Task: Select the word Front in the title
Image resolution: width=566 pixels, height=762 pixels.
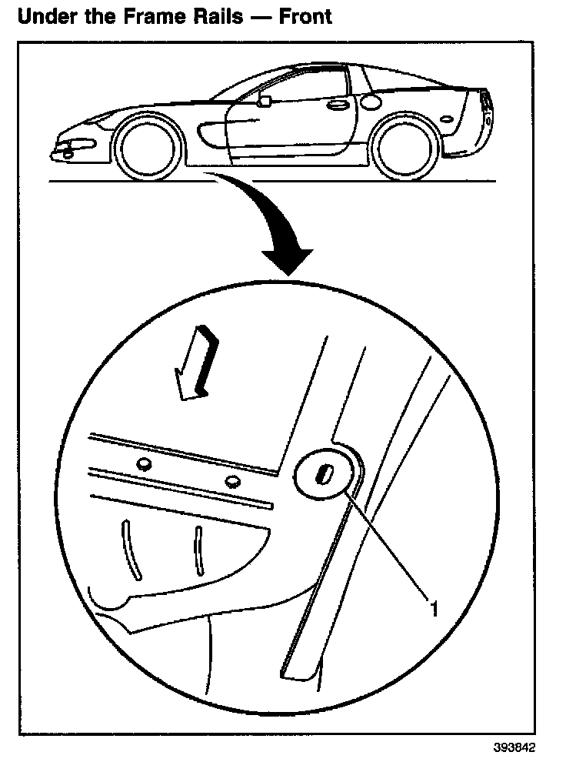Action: point(305,15)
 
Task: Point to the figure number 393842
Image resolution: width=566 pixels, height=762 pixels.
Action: point(514,747)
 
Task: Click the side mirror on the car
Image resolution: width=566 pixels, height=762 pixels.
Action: point(264,101)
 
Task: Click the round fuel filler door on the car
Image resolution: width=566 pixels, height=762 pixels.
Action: point(371,100)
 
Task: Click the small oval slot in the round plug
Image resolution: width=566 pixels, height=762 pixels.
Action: point(325,475)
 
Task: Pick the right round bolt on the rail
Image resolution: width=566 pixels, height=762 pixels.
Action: point(232,482)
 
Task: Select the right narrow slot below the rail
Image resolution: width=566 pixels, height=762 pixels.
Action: point(198,550)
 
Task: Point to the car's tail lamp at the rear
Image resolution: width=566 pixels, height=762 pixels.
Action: point(485,103)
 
